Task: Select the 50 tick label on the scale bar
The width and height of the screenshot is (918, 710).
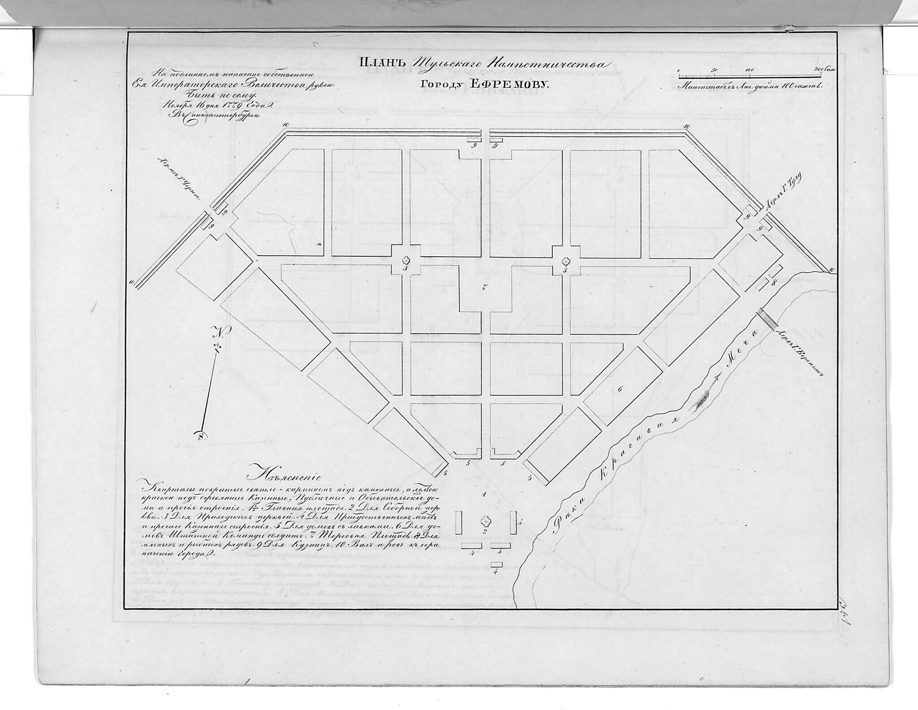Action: [x=714, y=70]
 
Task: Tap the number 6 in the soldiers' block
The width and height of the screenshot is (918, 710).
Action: [x=620, y=389]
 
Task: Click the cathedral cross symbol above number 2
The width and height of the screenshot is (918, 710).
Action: [x=485, y=521]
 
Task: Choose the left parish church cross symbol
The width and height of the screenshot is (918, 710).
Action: [x=406, y=260]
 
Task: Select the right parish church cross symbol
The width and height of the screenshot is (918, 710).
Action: [x=566, y=261]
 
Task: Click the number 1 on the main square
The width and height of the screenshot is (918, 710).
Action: [x=483, y=495]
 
